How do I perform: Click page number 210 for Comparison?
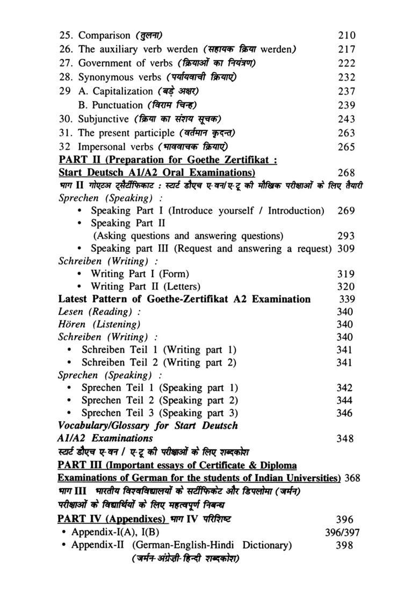click(346, 36)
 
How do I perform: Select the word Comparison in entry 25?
click(104, 36)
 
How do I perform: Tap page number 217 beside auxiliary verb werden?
click(346, 49)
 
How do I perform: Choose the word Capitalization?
click(123, 91)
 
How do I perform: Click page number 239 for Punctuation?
click(346, 105)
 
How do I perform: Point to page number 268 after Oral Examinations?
click(346, 173)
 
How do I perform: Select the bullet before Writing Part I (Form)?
click(80, 274)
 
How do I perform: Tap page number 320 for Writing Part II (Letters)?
click(345, 287)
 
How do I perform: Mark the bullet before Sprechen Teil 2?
click(70, 401)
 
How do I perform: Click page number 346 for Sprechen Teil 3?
click(344, 414)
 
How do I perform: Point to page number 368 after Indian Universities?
click(352, 478)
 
